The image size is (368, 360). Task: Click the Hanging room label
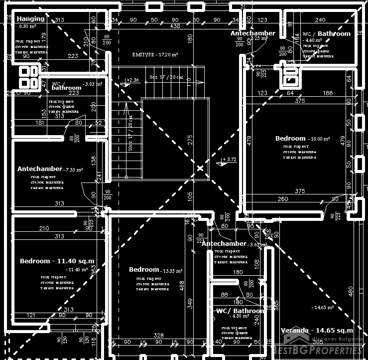pyautogui.click(x=31, y=19)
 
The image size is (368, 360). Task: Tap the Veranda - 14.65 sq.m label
pyautogui.click(x=317, y=330)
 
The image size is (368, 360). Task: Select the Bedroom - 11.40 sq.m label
pyautogui.click(x=57, y=261)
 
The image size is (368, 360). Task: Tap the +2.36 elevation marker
pyautogui.click(x=132, y=80)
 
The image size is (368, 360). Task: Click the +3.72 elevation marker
pyautogui.click(x=230, y=160)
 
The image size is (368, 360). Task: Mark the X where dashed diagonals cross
pyautogui.click(x=200, y=169)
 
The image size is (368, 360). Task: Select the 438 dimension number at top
pyautogui.click(x=175, y=26)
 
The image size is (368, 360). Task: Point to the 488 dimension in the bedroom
pyautogui.click(x=182, y=285)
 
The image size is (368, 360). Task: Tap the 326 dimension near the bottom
pyautogui.click(x=159, y=335)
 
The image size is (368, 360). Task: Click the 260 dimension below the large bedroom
pyautogui.click(x=282, y=199)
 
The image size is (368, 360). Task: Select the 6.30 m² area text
pyautogui.click(x=27, y=26)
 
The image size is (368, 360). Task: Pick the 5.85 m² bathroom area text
pyautogui.click(x=93, y=84)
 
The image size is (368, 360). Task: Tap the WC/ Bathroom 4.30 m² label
pyautogui.click(x=240, y=311)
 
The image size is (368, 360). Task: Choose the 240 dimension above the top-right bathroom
pyautogui.click(x=320, y=20)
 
